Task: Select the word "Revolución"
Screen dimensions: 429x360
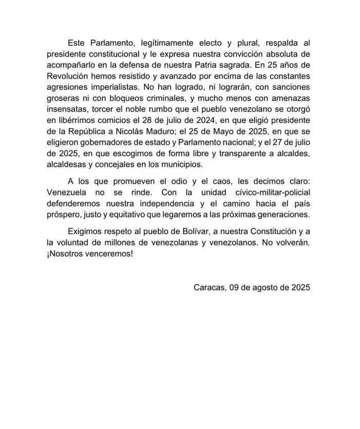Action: click(68, 77)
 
